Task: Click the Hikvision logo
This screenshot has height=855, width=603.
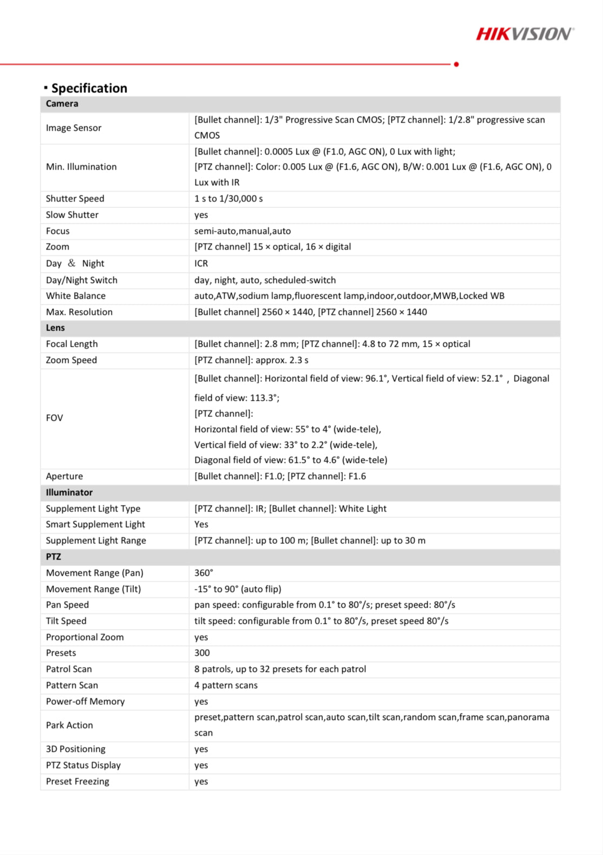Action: click(x=524, y=34)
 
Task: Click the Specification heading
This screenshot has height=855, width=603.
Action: click(x=89, y=88)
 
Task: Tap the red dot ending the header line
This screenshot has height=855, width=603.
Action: click(x=457, y=64)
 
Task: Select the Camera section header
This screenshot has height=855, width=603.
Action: click(x=62, y=104)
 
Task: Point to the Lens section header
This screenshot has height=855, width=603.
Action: click(x=55, y=328)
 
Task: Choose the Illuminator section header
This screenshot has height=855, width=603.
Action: click(x=69, y=493)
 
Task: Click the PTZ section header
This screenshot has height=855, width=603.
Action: click(x=53, y=557)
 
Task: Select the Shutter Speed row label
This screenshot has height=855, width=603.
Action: click(x=75, y=199)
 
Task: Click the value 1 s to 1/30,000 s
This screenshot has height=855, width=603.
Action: click(x=228, y=199)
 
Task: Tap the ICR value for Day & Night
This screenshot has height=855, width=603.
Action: click(x=201, y=264)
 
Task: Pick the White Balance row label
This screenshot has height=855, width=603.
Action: click(x=76, y=296)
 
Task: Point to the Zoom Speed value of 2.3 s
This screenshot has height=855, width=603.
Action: click(x=252, y=360)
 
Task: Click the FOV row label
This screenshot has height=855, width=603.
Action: click(x=55, y=418)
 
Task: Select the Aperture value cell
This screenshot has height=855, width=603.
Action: click(x=280, y=476)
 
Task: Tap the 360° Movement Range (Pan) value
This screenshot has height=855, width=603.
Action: click(x=204, y=573)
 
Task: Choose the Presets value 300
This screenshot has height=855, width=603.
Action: click(x=202, y=653)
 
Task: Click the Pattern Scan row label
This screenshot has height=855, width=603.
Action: click(x=72, y=685)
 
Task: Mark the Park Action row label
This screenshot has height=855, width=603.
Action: click(x=69, y=725)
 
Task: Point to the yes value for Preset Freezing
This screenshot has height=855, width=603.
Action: click(x=201, y=782)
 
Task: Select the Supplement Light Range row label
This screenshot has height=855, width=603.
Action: click(x=96, y=541)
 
